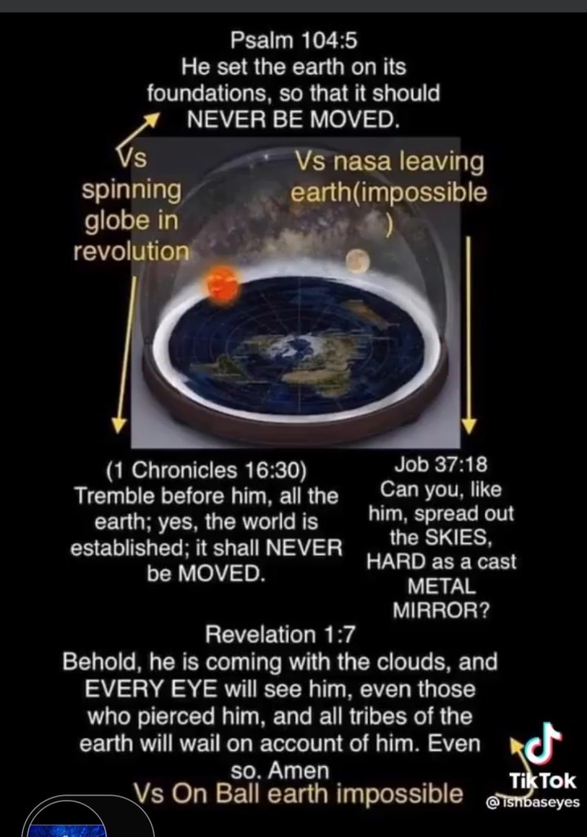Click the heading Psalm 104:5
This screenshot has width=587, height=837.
coord(293,40)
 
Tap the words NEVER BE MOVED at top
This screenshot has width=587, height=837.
coord(293,119)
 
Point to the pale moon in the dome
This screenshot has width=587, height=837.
coord(357,260)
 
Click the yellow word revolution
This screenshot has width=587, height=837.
coord(131,251)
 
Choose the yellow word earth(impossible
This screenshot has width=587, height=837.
coord(388,192)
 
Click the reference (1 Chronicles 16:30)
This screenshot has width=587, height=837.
coord(206,470)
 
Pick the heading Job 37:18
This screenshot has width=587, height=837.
coord(441,465)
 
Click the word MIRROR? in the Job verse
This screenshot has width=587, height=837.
coord(441,610)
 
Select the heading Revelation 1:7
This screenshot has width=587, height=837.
coord(280,635)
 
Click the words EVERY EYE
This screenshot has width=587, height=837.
coord(150,689)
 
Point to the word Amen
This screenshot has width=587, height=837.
coord(298,770)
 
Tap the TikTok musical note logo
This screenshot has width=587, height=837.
coord(542,744)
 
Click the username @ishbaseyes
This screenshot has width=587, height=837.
coord(532,803)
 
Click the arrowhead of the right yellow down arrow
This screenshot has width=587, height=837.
coord(468,425)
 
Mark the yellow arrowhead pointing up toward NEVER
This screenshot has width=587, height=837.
coord(153,120)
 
